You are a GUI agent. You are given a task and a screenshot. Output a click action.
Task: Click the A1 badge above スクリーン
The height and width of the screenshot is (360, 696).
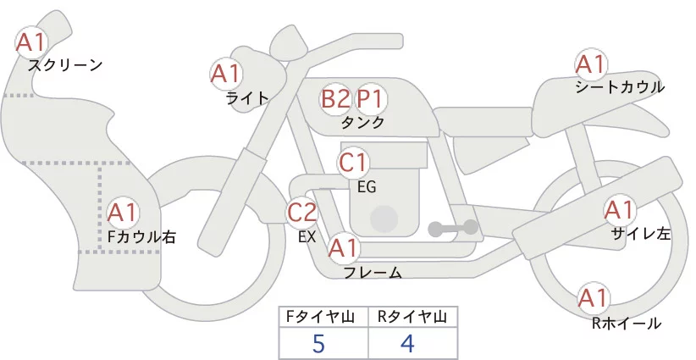click(33, 42)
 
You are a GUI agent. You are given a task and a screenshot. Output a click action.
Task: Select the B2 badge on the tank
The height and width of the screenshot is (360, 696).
click(335, 99)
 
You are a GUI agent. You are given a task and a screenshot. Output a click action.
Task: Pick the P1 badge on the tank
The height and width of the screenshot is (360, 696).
click(370, 99)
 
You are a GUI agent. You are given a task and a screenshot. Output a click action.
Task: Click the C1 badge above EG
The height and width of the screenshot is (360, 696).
click(353, 162)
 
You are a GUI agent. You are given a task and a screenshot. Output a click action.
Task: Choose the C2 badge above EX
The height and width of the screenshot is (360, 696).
click(302, 212)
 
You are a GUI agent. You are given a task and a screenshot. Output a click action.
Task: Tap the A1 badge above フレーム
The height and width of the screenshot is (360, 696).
click(343, 249)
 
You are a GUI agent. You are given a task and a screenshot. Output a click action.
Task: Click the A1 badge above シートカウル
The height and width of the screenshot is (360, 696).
click(590, 64)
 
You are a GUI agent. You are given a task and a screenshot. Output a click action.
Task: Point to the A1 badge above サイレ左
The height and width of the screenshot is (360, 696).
click(618, 210)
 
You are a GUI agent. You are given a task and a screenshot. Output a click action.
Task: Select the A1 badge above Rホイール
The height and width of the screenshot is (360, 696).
click(593, 298)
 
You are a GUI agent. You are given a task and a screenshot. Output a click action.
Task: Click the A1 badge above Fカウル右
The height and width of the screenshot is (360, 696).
click(123, 211)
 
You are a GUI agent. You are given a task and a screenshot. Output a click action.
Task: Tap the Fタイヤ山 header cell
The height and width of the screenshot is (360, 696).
click(323, 318)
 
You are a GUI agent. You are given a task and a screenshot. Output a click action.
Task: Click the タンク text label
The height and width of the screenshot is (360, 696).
click(362, 123)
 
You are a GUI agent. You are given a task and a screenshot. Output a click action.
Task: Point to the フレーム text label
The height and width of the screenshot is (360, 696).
click(373, 273)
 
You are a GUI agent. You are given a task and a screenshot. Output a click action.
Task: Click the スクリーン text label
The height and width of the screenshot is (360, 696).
click(65, 65)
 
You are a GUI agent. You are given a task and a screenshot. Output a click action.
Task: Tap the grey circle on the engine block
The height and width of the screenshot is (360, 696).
click(384, 218)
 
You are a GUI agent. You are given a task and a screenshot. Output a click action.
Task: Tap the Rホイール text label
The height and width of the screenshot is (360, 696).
click(627, 323)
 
